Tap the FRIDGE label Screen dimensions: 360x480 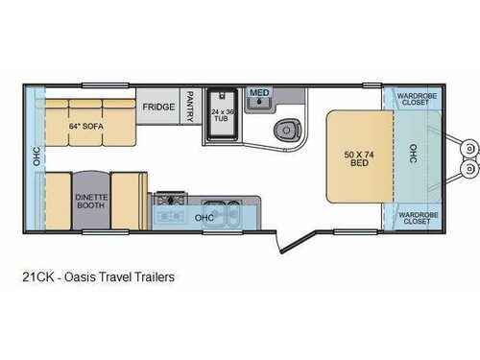coord(159,108)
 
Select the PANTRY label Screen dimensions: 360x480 coord(190,107)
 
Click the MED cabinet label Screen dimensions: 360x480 coord(257,92)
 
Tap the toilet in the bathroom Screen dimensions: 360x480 coord(286,130)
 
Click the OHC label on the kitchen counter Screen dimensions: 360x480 coord(204,217)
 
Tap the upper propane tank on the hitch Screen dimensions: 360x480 coord(469,149)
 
